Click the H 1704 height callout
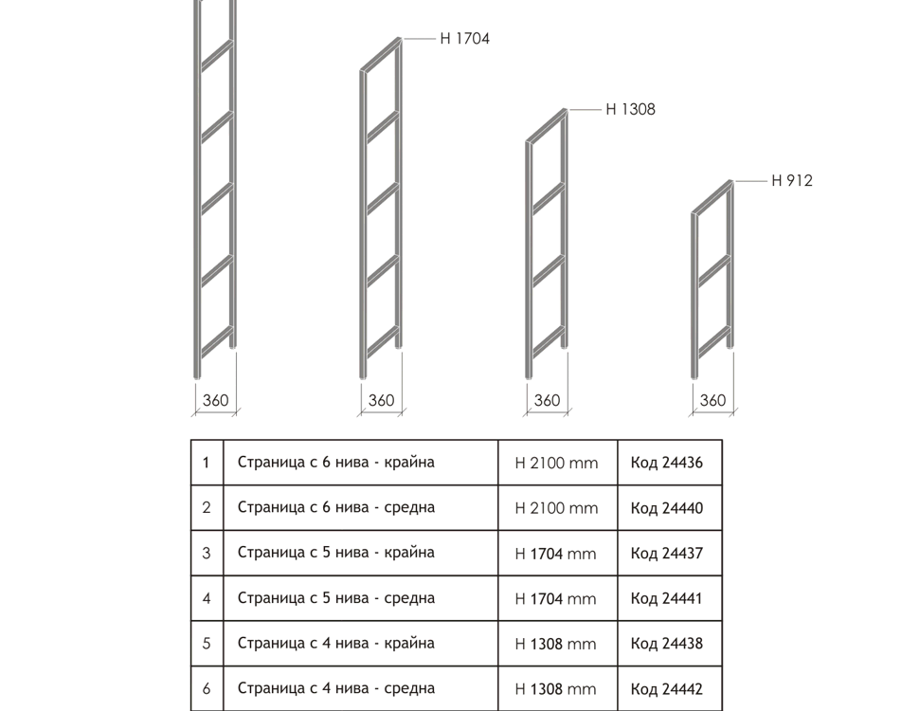pyautogui.click(x=465, y=39)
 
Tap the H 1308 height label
pyautogui.click(x=631, y=110)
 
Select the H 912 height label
pyautogui.click(x=792, y=181)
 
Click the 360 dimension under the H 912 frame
pyautogui.click(x=712, y=400)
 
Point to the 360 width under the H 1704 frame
pyautogui.click(x=381, y=400)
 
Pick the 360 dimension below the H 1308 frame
pyautogui.click(x=547, y=400)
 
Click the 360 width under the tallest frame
pyautogui.click(x=215, y=400)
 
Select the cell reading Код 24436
pyautogui.click(x=667, y=463)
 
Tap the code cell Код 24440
pyautogui.click(x=667, y=508)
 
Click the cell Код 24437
pyautogui.click(x=667, y=554)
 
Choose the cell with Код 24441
pyautogui.click(x=666, y=598)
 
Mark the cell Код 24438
pyautogui.click(x=667, y=644)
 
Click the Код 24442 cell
pyautogui.click(x=667, y=688)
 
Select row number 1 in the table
pyautogui.click(x=207, y=463)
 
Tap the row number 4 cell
pyautogui.click(x=207, y=598)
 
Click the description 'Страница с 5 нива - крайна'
pyautogui.click(x=335, y=553)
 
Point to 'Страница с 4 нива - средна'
pyautogui.click(x=335, y=688)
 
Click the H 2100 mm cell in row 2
pyautogui.click(x=556, y=508)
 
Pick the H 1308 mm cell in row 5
pyautogui.click(x=555, y=644)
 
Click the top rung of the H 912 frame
pyautogui.click(x=712, y=197)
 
